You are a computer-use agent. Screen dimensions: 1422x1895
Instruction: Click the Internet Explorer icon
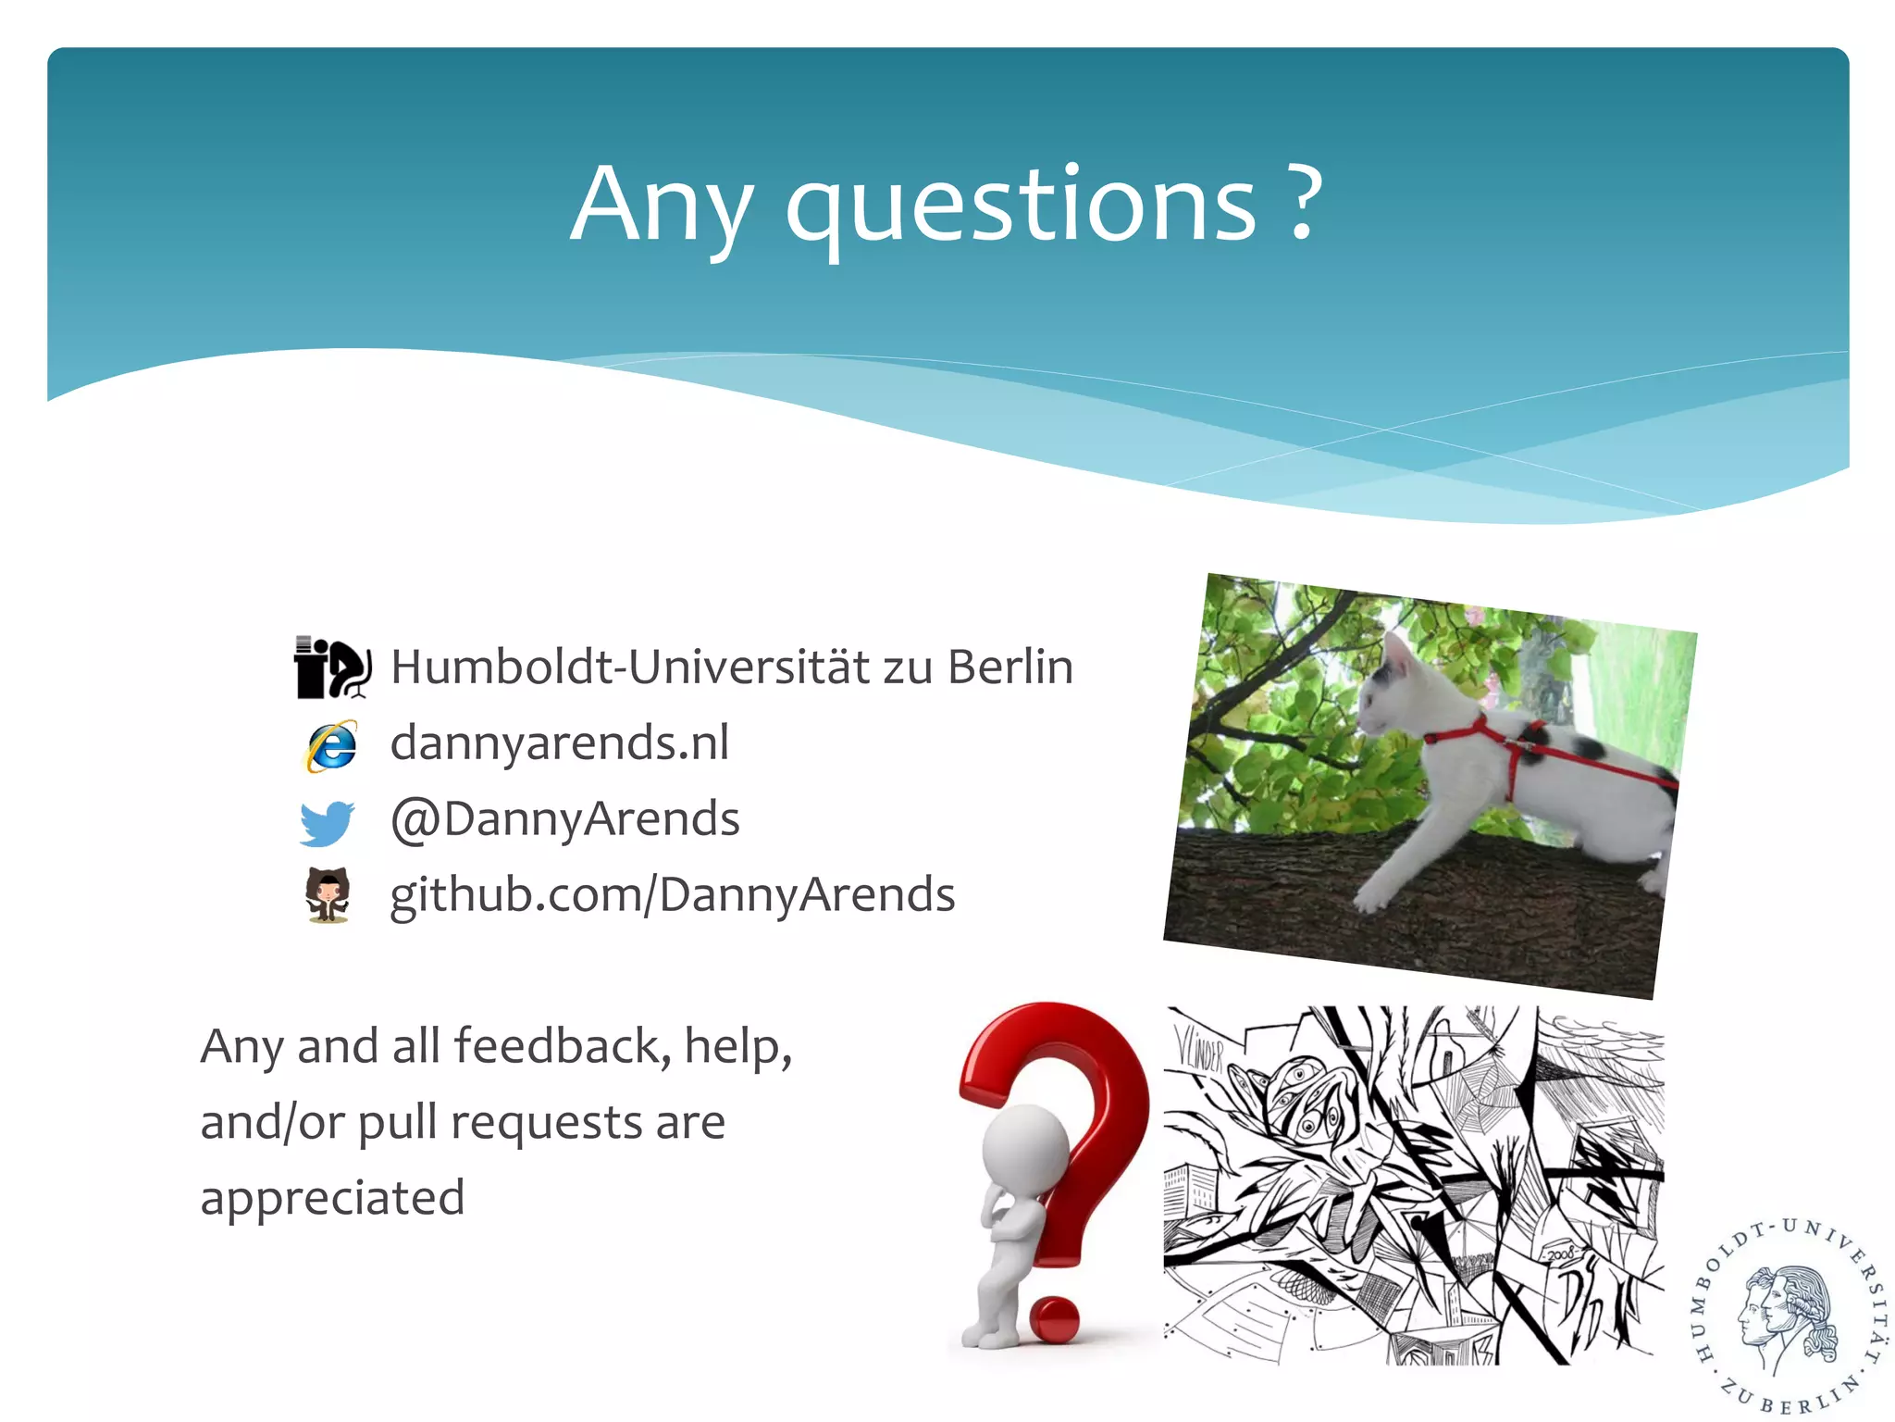[329, 745]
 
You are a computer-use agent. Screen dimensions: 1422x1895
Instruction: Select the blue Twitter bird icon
[327, 822]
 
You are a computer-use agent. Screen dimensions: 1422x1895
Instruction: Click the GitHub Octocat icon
[328, 895]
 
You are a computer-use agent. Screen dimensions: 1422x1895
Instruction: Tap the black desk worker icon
[332, 667]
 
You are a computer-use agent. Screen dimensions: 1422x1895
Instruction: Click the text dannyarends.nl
[560, 742]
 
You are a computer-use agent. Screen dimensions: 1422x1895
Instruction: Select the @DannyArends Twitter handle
[565, 819]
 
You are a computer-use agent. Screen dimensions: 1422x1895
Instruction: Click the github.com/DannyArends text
[672, 895]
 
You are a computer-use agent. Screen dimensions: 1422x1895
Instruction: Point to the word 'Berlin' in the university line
[1010, 667]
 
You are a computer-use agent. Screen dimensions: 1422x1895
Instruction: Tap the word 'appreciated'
[332, 1198]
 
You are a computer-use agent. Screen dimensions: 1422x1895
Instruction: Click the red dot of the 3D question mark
[1054, 1319]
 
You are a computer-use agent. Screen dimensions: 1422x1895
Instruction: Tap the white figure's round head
[1024, 1153]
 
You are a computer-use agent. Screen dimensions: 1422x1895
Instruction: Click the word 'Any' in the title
[660, 206]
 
